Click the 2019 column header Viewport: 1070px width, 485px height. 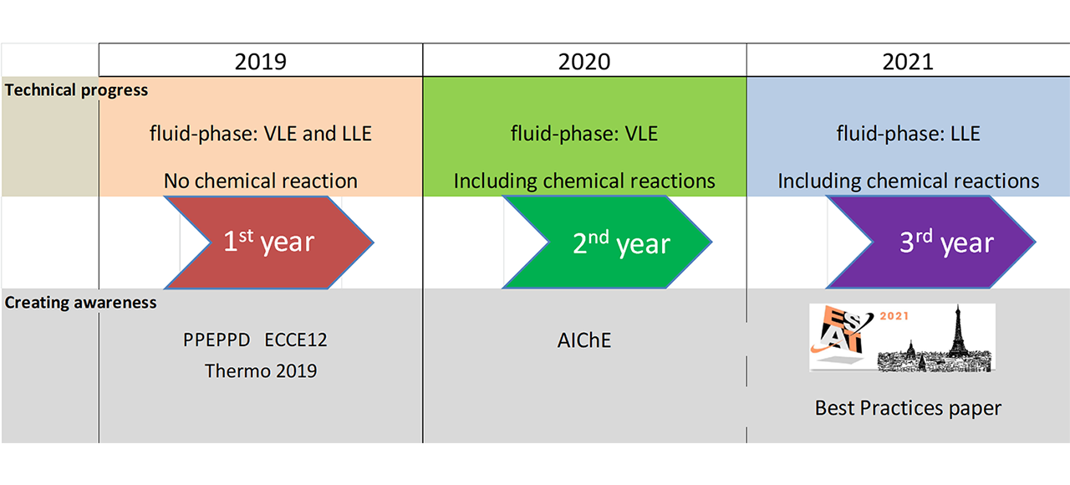pyautogui.click(x=260, y=62)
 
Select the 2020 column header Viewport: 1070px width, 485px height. pyautogui.click(x=584, y=62)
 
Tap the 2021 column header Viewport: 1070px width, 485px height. pyautogui.click(x=908, y=62)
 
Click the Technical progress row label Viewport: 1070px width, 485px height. pyautogui.click(x=76, y=89)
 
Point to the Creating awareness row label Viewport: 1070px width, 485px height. pyautogui.click(x=80, y=303)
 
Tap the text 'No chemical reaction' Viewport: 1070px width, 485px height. pyautogui.click(x=260, y=181)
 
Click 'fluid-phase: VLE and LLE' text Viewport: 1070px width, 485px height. pyautogui.click(x=260, y=133)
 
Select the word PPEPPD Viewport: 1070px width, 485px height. pyautogui.click(x=217, y=340)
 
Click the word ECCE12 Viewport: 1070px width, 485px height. pyautogui.click(x=296, y=340)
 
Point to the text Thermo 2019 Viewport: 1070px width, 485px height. pyautogui.click(x=261, y=370)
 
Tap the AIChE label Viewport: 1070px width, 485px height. pyautogui.click(x=584, y=340)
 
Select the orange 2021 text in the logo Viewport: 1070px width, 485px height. pyautogui.click(x=894, y=316)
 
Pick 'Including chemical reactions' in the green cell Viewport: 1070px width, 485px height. pyautogui.click(x=584, y=181)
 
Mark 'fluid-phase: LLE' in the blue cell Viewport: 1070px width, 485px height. pyautogui.click(x=908, y=133)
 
